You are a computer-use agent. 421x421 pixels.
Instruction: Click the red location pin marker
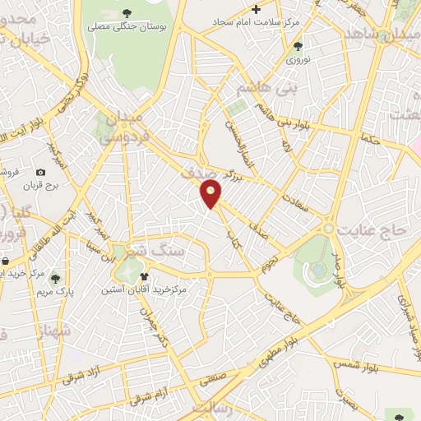click(211, 194)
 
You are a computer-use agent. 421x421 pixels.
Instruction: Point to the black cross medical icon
click(257, 10)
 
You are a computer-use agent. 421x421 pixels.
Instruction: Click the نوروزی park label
click(296, 60)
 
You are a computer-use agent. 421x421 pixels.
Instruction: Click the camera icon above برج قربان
click(40, 172)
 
